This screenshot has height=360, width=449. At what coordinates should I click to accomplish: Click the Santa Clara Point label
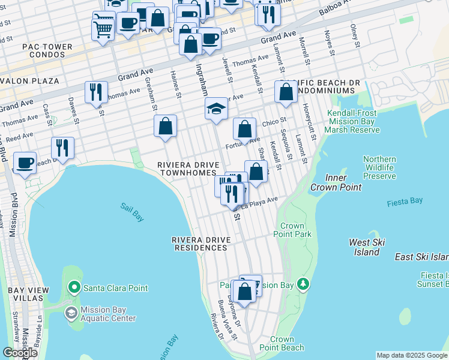point(115,288)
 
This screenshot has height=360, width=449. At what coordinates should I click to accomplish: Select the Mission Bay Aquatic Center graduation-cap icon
point(71,313)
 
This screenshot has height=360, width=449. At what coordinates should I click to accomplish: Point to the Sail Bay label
point(132,212)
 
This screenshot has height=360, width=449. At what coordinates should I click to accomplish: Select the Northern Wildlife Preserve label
point(379,167)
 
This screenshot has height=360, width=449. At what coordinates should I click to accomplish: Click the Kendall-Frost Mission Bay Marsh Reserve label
point(352,121)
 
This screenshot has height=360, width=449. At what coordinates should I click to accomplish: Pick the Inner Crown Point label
point(336,182)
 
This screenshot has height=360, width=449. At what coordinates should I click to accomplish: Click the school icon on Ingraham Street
point(216,109)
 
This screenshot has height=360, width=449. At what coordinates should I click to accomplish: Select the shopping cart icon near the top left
point(103,28)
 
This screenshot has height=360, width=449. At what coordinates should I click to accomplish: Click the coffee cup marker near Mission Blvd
point(25,163)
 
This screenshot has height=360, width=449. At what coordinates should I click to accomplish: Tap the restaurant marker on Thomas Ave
point(96,92)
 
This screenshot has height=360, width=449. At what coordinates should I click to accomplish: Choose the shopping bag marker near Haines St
point(165,126)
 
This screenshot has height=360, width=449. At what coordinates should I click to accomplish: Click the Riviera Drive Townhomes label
point(186,169)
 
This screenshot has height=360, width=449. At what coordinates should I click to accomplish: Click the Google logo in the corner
point(20,353)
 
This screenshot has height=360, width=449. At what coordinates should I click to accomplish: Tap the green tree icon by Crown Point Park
point(304,283)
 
